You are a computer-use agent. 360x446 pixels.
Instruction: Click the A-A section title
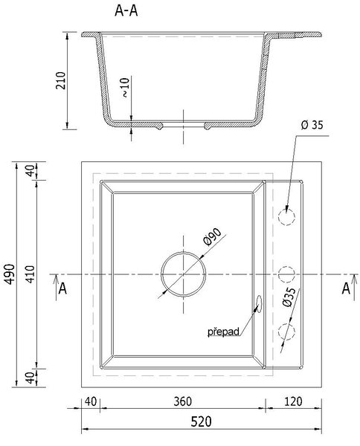coord(126,11)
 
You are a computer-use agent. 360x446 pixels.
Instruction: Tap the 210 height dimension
coord(60,80)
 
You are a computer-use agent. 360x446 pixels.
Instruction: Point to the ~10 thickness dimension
coord(126,87)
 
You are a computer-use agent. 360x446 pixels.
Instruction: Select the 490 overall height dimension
coord(10,274)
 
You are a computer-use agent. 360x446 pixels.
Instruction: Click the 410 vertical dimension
coord(30,274)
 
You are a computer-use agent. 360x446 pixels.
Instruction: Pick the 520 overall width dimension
coord(202,421)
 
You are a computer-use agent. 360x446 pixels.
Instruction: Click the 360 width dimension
coord(183,401)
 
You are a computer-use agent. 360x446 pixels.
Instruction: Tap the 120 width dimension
coord(293,401)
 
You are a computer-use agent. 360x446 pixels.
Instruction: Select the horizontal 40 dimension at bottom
coord(91,401)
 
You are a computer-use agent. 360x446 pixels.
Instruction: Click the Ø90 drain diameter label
coord(213,237)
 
